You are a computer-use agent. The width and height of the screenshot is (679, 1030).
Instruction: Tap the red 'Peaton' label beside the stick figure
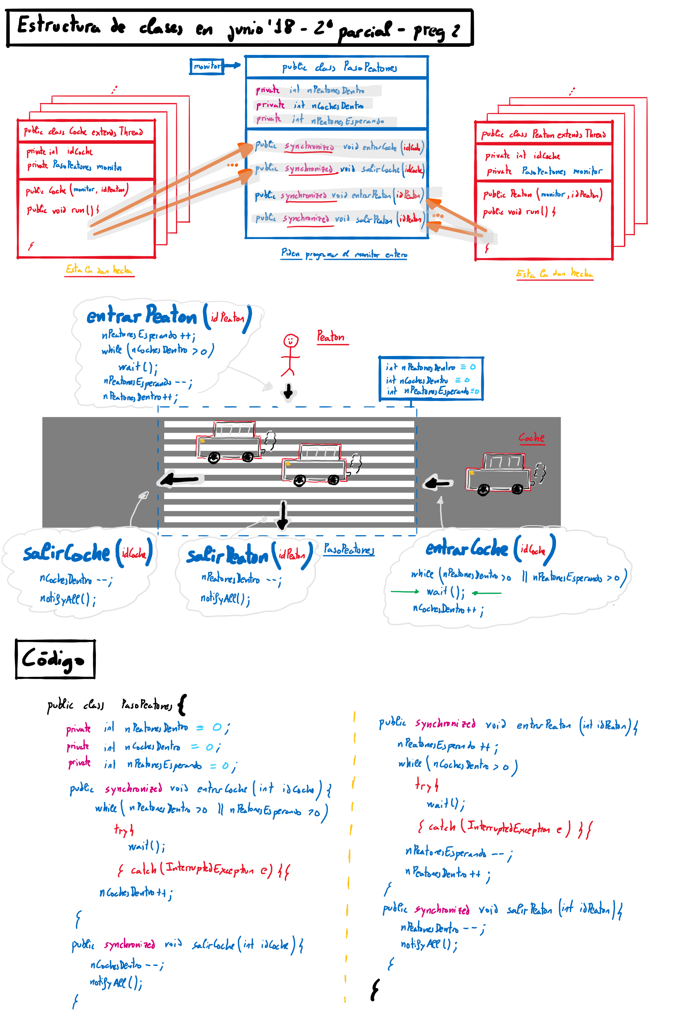[x=331, y=337]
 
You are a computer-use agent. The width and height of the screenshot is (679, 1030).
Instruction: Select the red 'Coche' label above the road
[x=531, y=438]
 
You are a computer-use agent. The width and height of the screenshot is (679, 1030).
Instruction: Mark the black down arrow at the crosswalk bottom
[x=282, y=515]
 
